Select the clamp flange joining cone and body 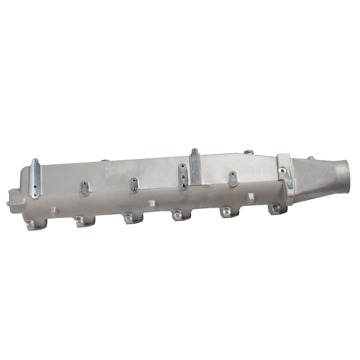click(287, 174)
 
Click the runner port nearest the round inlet click(275, 209)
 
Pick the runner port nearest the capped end click(34, 226)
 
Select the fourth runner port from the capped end click(178, 214)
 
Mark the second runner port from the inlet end click(227, 212)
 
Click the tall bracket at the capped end click(36, 178)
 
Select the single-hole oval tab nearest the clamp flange click(233, 178)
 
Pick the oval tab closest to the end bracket click(85, 188)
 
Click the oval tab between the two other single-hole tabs click(133, 184)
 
